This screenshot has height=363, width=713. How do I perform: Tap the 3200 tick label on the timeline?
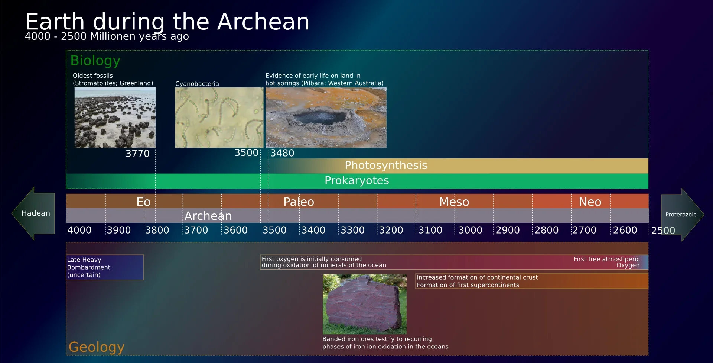point(391,230)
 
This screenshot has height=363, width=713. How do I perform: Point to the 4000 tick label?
point(79,230)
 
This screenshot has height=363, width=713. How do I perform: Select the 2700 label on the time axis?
point(585,230)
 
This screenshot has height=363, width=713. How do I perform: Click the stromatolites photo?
point(115,118)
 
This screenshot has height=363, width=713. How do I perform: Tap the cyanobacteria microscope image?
point(219,118)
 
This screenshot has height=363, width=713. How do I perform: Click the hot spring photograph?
point(326,118)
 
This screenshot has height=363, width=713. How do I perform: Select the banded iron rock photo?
point(365,304)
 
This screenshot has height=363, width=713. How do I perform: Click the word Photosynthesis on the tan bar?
point(386,166)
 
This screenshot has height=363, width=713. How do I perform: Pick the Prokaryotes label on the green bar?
point(356,181)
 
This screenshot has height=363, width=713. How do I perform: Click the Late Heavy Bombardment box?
point(105,267)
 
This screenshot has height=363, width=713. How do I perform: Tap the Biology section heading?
point(95,61)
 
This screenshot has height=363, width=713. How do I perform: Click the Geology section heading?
point(97,347)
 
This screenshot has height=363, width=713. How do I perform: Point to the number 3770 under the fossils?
point(137,154)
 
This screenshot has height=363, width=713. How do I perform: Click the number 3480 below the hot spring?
point(282,153)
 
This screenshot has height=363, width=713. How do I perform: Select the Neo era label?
point(590,202)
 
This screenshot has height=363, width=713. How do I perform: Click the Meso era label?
point(454,202)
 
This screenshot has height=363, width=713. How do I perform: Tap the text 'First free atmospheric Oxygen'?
point(606,262)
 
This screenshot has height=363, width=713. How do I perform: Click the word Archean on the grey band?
point(208,216)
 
